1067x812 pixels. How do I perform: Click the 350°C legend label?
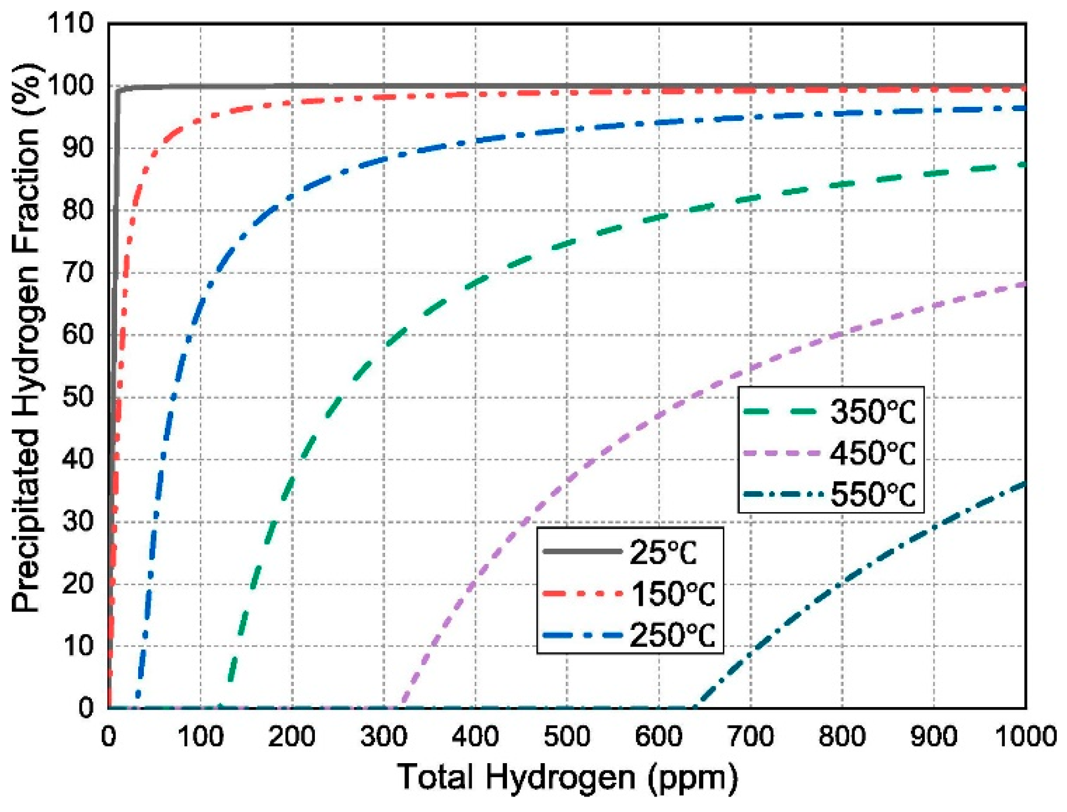coord(872,412)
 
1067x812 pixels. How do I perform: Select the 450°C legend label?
coord(872,454)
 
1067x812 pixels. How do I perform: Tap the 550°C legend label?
coord(872,495)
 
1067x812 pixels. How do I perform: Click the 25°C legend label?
coord(663,553)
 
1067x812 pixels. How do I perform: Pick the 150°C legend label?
coord(672,594)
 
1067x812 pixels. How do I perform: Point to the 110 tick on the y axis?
coord(70,24)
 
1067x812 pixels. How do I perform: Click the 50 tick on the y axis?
coord(78,397)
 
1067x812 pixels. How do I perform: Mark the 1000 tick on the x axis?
coord(1025,736)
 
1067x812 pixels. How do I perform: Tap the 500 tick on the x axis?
coord(567,736)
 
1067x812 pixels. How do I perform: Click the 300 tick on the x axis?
coord(383,736)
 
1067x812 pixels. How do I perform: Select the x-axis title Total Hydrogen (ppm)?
coord(567,777)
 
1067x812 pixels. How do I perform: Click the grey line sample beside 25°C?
coord(582,551)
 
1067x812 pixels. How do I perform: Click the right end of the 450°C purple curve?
coord(1025,283)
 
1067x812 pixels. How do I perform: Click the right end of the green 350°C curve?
coord(1025,165)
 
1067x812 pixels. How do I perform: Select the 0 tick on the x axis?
coord(108,736)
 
